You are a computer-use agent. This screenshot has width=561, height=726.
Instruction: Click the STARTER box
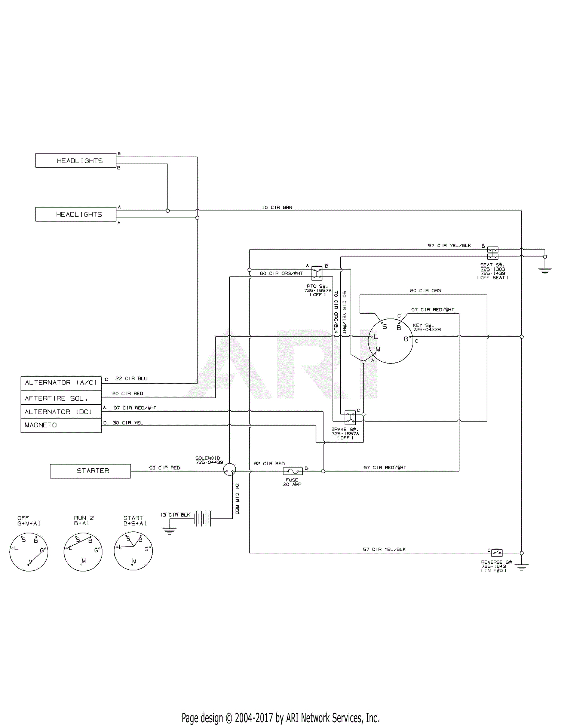click(91, 471)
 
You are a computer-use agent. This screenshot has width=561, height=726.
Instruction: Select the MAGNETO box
click(61, 426)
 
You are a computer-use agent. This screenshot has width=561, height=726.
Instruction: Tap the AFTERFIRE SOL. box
click(61, 398)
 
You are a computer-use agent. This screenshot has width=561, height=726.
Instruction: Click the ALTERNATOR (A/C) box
click(61, 384)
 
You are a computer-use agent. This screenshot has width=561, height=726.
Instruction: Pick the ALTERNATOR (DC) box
click(61, 412)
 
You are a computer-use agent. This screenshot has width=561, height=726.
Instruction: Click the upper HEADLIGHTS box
click(76, 160)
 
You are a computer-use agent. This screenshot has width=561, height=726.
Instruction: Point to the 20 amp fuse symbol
click(293, 471)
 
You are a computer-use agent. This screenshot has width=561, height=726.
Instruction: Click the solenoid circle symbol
click(230, 469)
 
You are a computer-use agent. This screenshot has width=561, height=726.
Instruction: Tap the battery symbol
click(203, 519)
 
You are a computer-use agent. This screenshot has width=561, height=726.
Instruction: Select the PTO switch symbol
click(317, 273)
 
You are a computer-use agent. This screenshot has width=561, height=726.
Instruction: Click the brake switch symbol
click(350, 417)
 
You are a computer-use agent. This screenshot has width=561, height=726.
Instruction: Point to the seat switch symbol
click(493, 253)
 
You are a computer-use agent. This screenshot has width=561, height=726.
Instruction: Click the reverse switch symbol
click(497, 553)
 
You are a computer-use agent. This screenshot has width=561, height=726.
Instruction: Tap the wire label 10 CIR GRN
click(277, 207)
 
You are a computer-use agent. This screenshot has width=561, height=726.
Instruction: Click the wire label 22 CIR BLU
click(132, 379)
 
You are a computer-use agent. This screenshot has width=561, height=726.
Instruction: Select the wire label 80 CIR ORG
click(426, 291)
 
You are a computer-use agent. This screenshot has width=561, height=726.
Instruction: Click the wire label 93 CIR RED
click(165, 468)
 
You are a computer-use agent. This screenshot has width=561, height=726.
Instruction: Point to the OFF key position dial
click(29, 552)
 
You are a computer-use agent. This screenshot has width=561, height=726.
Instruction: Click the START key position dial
click(133, 551)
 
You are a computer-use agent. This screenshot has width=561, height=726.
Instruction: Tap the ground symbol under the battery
click(169, 531)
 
